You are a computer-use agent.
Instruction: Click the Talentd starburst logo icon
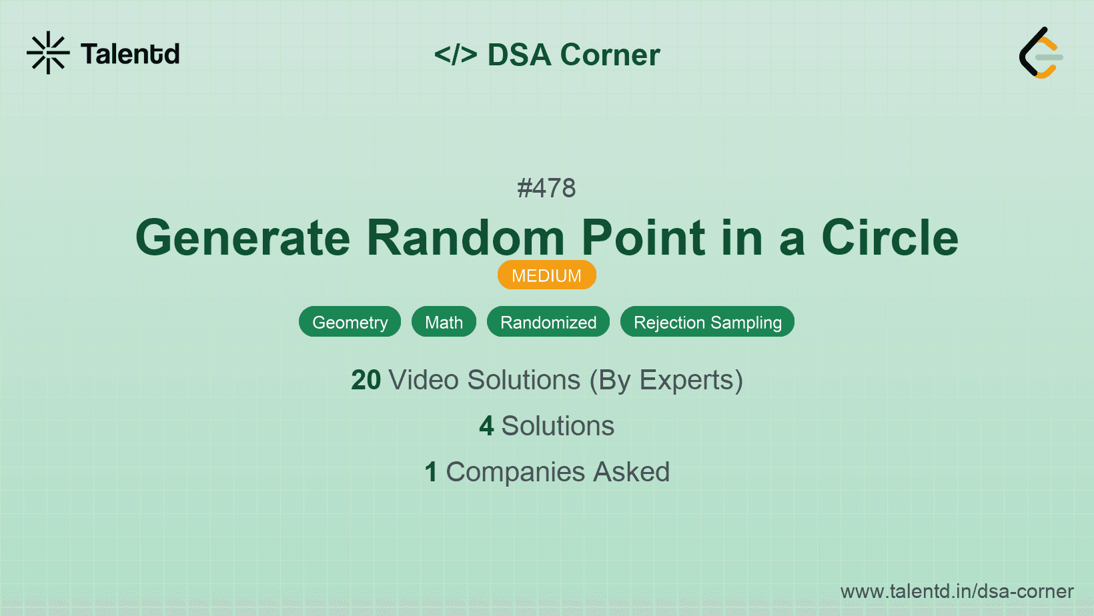point(48,53)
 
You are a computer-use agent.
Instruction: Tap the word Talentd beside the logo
point(130,54)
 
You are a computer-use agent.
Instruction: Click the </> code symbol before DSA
point(456,55)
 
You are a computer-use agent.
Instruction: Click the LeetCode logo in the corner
point(1041,53)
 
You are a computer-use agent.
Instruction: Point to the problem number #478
point(546,188)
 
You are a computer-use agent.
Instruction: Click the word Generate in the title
point(243,238)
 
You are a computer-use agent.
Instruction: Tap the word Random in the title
point(466,238)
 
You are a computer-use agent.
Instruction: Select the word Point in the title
point(643,238)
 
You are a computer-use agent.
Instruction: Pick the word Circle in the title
point(889,238)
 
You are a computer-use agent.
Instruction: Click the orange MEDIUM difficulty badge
point(546,275)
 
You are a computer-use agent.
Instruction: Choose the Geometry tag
point(350,322)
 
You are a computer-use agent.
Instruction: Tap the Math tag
point(444,322)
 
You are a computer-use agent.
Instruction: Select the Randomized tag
point(548,322)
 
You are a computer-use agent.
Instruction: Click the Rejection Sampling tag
point(707,322)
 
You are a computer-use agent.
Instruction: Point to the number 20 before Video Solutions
point(366,380)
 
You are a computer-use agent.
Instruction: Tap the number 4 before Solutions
point(486,426)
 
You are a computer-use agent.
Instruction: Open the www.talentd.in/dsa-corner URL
point(957,591)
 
